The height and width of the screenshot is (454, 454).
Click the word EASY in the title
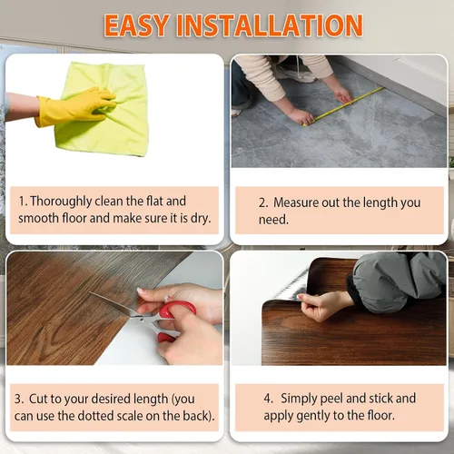136,25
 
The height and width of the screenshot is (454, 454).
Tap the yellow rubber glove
75,106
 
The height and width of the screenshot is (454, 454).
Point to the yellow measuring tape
343,106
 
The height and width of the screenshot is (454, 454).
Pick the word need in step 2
273,220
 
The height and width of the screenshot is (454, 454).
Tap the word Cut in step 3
39,399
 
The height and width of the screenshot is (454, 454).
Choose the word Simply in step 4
299,399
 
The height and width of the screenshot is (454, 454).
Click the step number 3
18,399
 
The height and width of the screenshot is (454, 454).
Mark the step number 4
268,399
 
